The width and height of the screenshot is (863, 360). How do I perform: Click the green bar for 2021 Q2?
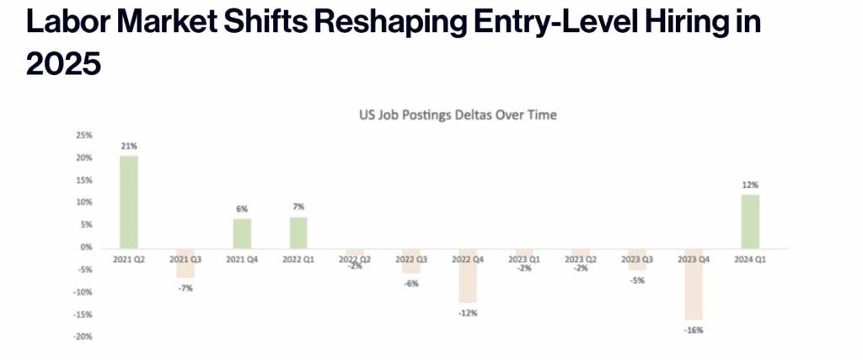click(129, 201)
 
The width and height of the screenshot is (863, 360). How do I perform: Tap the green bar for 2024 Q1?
click(750, 221)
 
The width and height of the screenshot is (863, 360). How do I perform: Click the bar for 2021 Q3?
click(185, 263)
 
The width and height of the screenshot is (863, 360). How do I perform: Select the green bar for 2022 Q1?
click(297, 232)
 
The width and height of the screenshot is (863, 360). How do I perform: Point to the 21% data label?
click(129, 146)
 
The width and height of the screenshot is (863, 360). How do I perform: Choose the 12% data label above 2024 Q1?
click(750, 185)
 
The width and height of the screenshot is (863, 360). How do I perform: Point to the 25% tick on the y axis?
click(84, 135)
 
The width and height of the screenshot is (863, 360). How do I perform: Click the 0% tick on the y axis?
click(87, 248)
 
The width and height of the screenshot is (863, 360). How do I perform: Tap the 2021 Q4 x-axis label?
click(241, 259)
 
